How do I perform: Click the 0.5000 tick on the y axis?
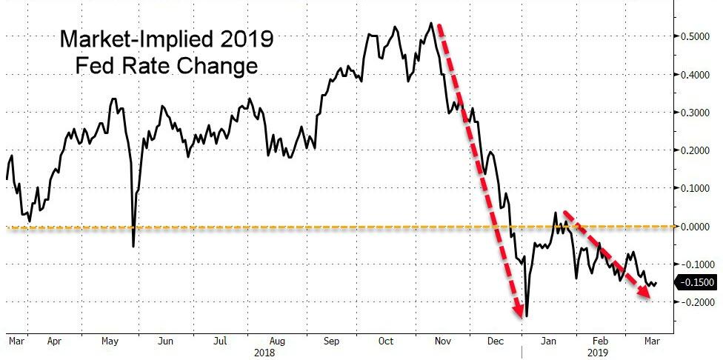coord(696,36)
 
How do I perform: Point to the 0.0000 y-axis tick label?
coord(696,226)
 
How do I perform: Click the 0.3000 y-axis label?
coord(696,113)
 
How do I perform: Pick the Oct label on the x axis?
coord(387,341)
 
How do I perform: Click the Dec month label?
coord(496,341)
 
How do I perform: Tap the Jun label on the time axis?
coord(166,341)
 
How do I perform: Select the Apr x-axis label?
coord(53,341)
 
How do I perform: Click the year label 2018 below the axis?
coord(264,353)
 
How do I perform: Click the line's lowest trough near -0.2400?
coord(527,316)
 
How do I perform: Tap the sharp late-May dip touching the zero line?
coord(133,245)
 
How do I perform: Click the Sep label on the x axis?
coord(332,341)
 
